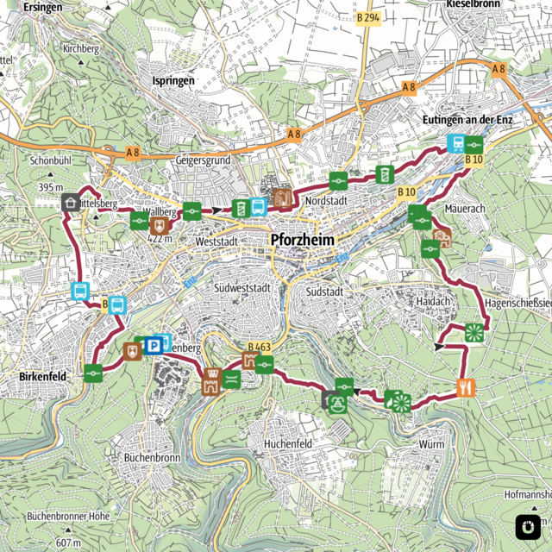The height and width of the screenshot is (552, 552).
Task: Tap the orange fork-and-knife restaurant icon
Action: tap(466, 386)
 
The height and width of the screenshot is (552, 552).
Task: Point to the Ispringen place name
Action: tap(173, 80)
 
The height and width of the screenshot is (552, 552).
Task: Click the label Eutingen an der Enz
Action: tap(468, 119)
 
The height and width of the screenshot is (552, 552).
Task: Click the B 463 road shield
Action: tap(259, 348)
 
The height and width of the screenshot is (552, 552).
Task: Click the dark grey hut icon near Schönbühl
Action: tap(70, 202)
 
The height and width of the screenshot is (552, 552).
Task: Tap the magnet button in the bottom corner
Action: tap(525, 525)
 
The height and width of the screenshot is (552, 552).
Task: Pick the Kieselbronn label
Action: tap(474, 5)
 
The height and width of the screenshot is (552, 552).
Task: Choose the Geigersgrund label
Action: tap(202, 160)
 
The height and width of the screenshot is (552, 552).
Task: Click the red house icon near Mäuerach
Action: tap(442, 238)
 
